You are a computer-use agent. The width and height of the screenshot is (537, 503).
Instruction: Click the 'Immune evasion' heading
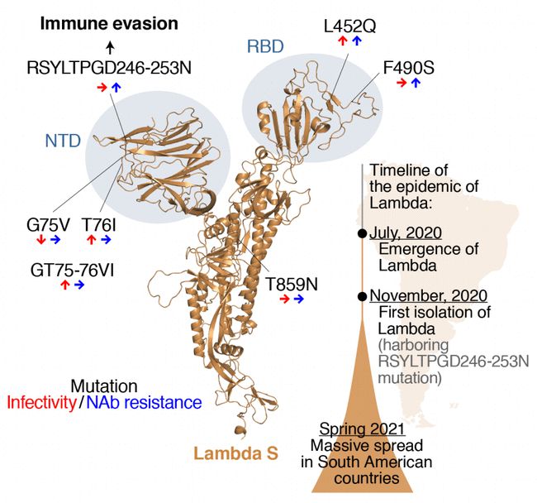(x=109, y=23)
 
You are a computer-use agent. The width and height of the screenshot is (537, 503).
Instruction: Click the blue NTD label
(x=64, y=141)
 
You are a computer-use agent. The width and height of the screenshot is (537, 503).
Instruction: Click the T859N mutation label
(x=291, y=284)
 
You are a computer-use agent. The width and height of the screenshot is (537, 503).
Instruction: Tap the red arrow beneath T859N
(x=284, y=299)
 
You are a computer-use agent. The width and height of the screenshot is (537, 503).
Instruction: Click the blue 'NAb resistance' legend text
(x=144, y=403)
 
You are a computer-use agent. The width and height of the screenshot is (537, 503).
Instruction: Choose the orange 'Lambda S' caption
(x=236, y=453)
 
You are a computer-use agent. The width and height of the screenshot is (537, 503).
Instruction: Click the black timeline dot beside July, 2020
(x=362, y=234)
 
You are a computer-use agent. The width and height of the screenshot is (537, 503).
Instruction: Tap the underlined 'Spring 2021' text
(x=361, y=430)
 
